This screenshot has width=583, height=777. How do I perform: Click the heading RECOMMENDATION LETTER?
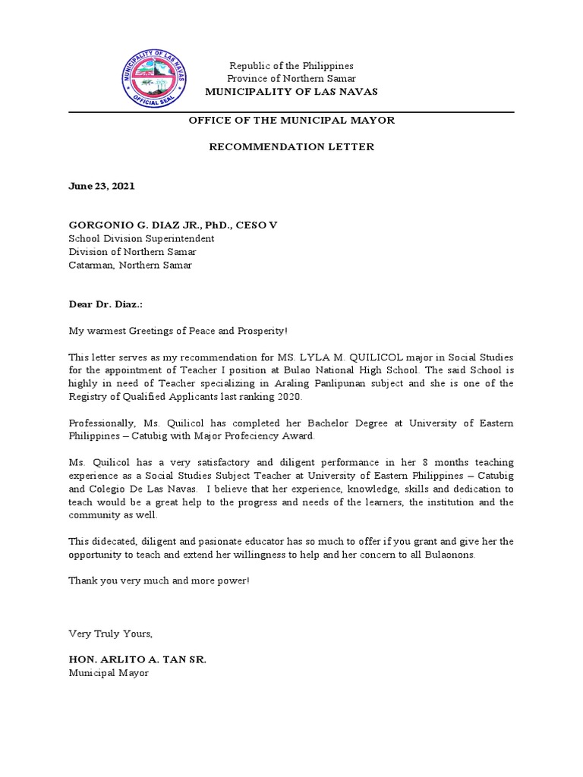[x=291, y=146]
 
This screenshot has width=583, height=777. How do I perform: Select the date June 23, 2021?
[x=102, y=186]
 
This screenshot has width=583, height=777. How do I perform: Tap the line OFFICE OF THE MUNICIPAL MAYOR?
[x=291, y=121]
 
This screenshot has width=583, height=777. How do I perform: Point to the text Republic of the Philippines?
[x=291, y=66]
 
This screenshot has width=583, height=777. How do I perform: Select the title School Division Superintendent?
[x=141, y=238]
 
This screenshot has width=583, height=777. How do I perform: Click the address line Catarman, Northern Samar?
[x=131, y=265]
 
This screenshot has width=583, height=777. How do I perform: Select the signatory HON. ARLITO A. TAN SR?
[x=137, y=659]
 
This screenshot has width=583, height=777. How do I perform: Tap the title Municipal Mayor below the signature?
[x=109, y=672]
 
